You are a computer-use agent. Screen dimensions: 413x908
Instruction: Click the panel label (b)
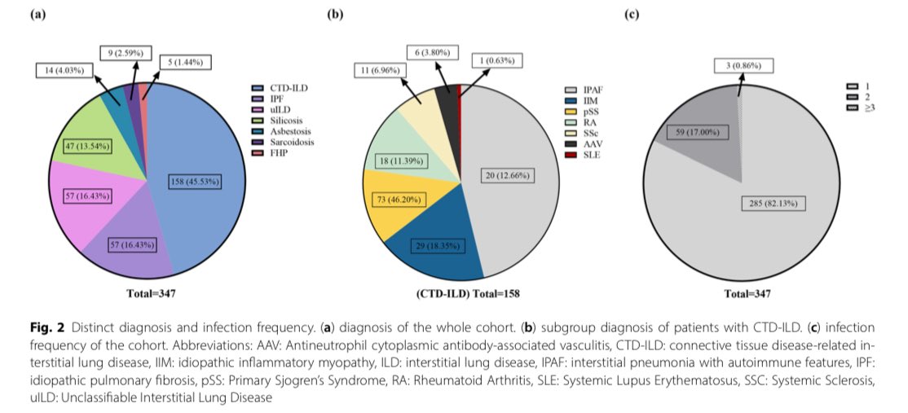click(x=334, y=15)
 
